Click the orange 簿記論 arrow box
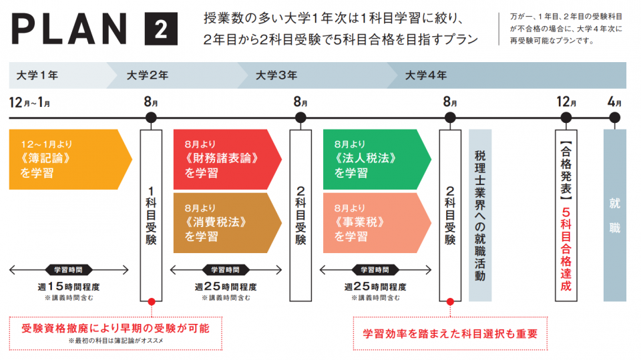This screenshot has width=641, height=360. click(67, 160)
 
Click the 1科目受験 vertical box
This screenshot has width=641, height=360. click(151, 214)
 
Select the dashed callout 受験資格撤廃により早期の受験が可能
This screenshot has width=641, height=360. click(116, 331)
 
